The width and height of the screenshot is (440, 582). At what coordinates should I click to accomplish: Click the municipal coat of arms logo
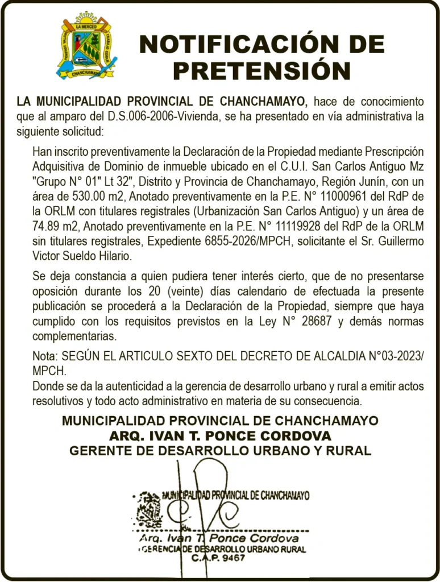(86, 45)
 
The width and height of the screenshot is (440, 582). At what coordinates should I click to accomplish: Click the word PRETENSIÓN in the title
(262, 71)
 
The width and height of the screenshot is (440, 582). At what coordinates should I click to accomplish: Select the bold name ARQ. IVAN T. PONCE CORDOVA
(220, 436)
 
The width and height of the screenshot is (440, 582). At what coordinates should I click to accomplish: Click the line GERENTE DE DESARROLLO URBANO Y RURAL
(220, 451)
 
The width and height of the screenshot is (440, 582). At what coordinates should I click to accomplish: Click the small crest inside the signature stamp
(149, 508)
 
